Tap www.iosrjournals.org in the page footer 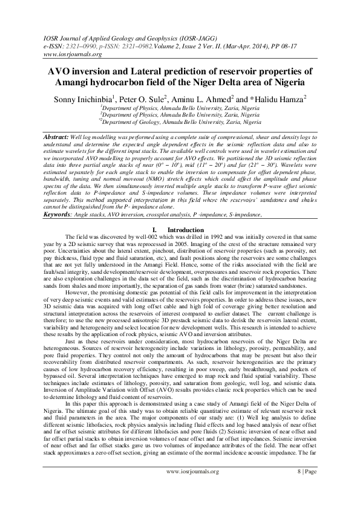pyautogui.click(x=192, y=488)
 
